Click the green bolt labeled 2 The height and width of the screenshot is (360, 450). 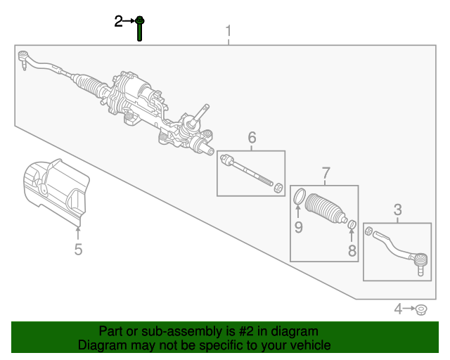pyautogui.click(x=140, y=28)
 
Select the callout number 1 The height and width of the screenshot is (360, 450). pyautogui.click(x=228, y=31)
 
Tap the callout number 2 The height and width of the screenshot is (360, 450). pyautogui.click(x=118, y=21)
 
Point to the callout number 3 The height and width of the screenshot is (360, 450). pyautogui.click(x=397, y=210)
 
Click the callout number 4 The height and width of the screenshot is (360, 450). pyautogui.click(x=398, y=309)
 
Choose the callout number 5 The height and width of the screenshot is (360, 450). pyautogui.click(x=78, y=249)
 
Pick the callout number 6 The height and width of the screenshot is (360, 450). pyautogui.click(x=252, y=138)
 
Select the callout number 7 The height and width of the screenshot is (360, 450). pyautogui.click(x=326, y=173)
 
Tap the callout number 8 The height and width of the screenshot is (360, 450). pyautogui.click(x=352, y=250)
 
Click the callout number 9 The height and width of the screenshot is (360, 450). pyautogui.click(x=298, y=227)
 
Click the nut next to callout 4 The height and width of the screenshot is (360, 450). pyautogui.click(x=421, y=310)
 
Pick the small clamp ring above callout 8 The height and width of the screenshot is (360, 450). pyautogui.click(x=352, y=225)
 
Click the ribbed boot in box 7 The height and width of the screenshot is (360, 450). pyautogui.click(x=325, y=208)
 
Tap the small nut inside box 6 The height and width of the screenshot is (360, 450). pyautogui.click(x=278, y=188)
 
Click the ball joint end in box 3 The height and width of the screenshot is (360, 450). pyautogui.click(x=420, y=262)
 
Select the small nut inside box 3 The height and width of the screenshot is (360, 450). pyautogui.click(x=368, y=231)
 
